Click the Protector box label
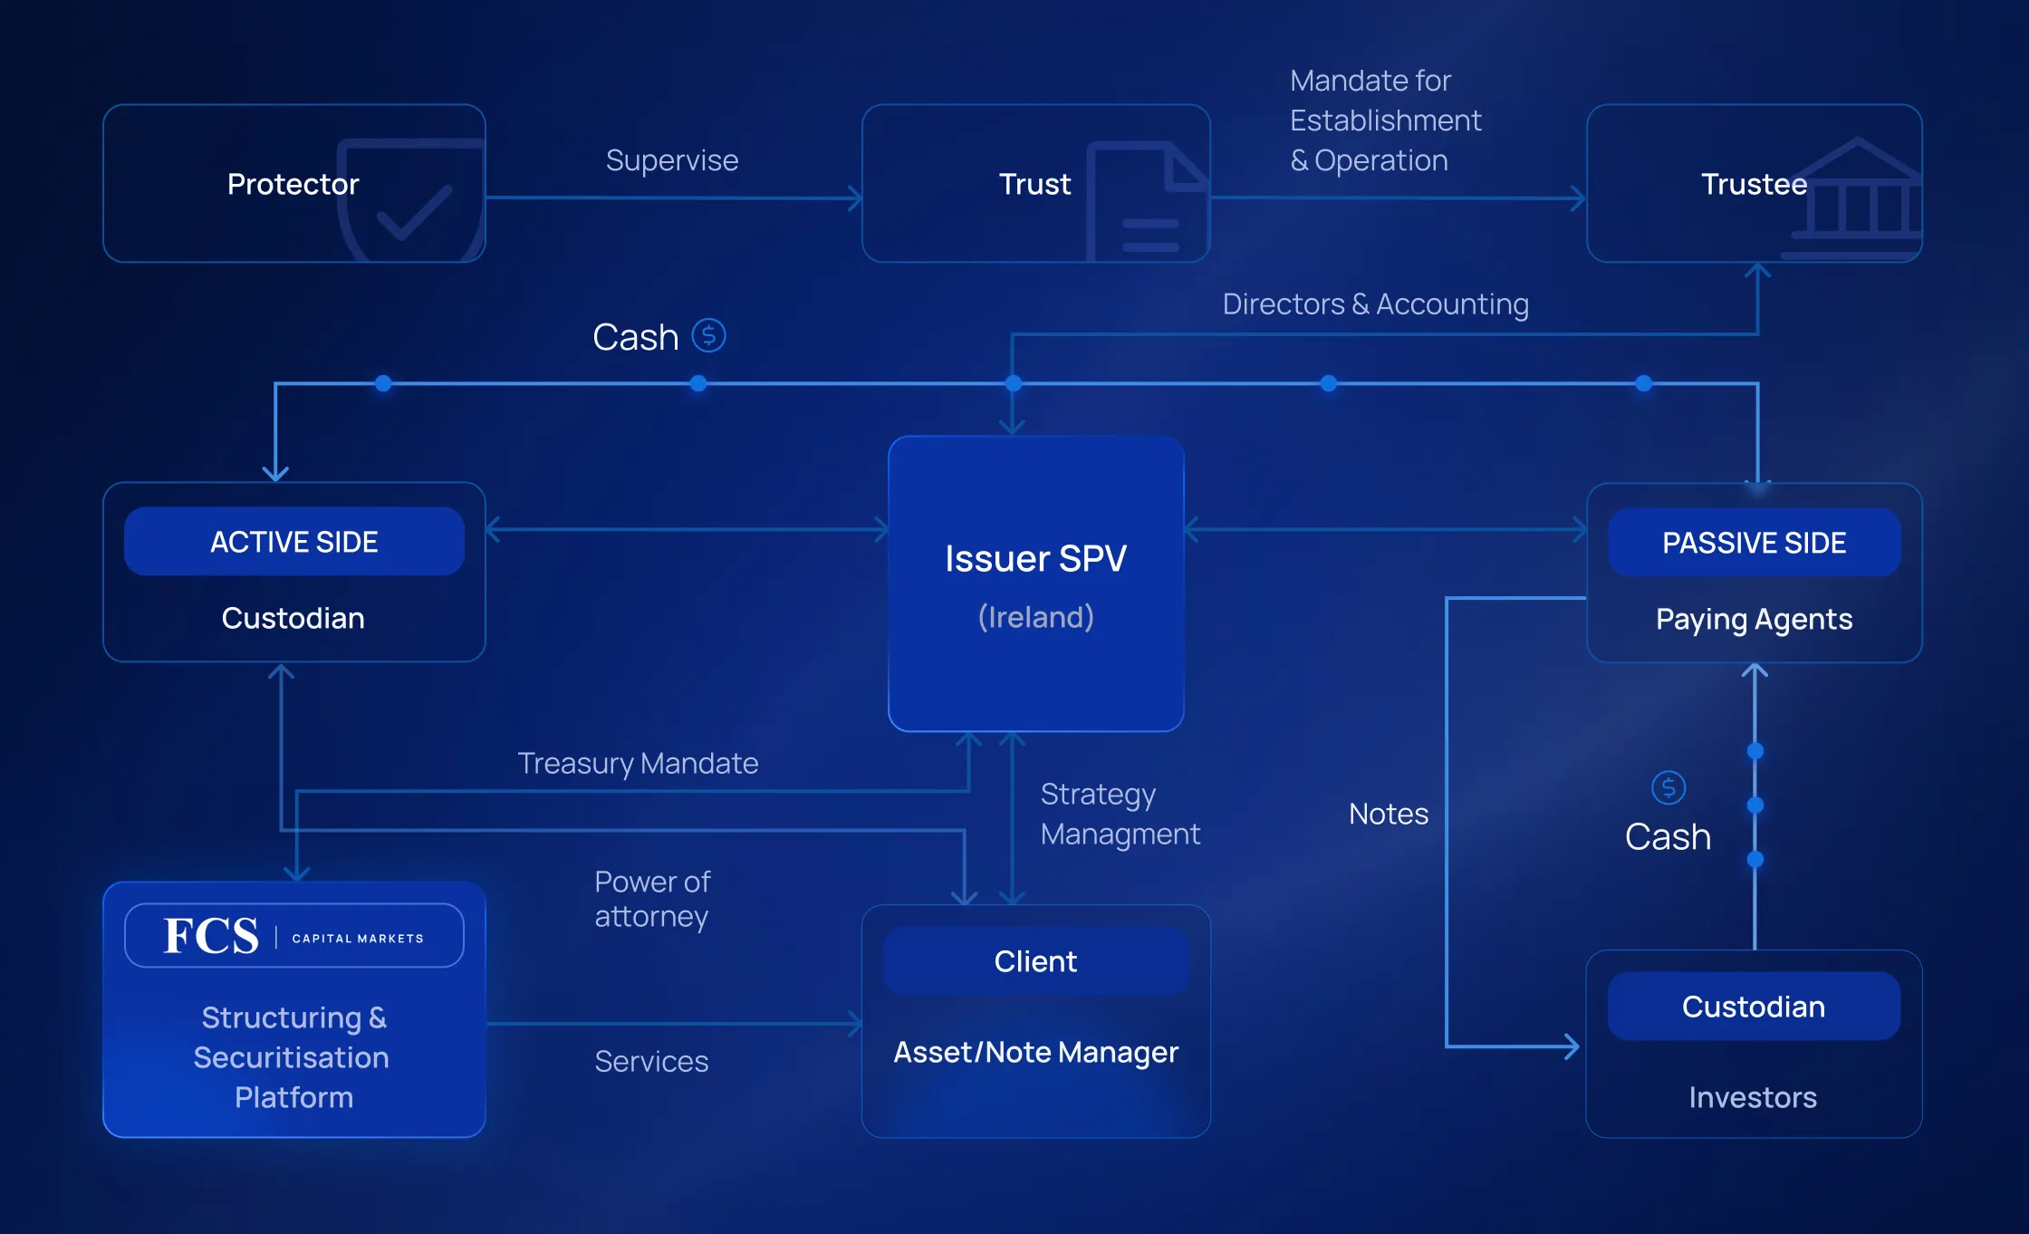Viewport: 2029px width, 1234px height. (x=293, y=184)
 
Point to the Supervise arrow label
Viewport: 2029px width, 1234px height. (x=672, y=160)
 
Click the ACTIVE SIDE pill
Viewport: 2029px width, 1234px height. (x=294, y=542)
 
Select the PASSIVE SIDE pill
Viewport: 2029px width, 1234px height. (x=1754, y=543)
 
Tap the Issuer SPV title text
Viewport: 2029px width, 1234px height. (x=1035, y=558)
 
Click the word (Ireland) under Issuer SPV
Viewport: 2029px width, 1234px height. (x=1035, y=617)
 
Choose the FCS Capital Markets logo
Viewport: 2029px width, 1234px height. (x=294, y=936)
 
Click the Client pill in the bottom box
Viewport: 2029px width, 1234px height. (x=1035, y=961)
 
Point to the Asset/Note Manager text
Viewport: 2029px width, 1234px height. (x=1035, y=1052)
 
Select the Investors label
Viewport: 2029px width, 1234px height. (x=1753, y=1097)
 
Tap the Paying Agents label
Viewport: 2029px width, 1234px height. (x=1754, y=619)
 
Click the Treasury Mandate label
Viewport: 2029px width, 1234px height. (x=638, y=763)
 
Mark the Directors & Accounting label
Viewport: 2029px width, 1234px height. (x=1375, y=304)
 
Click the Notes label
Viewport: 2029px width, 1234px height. (x=1388, y=814)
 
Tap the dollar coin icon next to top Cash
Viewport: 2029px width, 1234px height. (x=708, y=335)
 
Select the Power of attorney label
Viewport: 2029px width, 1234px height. (x=652, y=899)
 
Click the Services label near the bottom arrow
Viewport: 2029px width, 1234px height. (x=651, y=1061)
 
